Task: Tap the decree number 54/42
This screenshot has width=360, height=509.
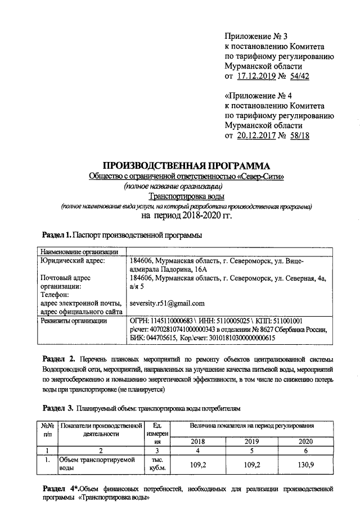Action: [x=298, y=76]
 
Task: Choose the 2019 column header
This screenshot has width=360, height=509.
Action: [x=252, y=442]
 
